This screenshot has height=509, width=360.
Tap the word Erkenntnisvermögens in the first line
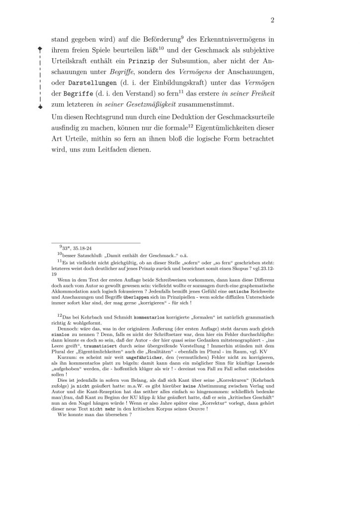click(x=226, y=39)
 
